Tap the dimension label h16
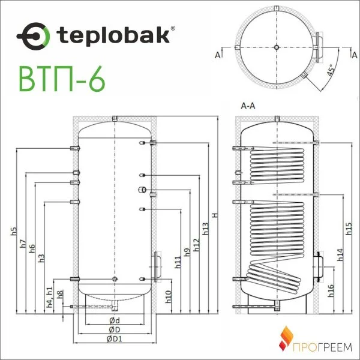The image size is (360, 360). click(331, 291)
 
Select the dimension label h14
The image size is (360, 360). click(340, 254)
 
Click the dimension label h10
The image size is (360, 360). click(169, 295)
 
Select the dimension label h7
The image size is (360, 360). click(23, 244)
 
